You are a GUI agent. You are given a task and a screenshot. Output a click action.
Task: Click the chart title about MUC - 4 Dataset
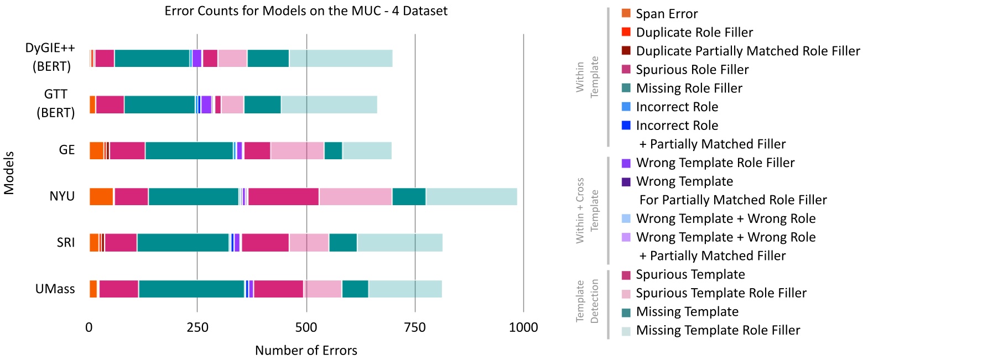tap(306, 11)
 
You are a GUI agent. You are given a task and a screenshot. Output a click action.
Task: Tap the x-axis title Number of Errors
tap(306, 351)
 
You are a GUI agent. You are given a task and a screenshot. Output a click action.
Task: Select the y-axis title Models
tap(9, 173)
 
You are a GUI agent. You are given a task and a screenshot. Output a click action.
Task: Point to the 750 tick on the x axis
tap(415, 327)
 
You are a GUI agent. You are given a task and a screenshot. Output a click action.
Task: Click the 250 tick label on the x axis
tap(198, 327)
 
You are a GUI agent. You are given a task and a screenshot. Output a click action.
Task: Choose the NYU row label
tap(62, 196)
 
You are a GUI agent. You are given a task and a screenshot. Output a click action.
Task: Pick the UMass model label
tap(55, 289)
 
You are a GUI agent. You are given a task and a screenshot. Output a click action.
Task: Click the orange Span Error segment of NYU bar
tap(101, 197)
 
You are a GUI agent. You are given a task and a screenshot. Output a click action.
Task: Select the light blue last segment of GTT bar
tap(329, 105)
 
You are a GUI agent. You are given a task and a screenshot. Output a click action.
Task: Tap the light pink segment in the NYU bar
tap(355, 197)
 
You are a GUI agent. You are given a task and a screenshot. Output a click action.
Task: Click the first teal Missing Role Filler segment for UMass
tap(191, 289)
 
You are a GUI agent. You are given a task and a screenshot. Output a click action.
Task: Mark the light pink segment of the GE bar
tap(297, 150)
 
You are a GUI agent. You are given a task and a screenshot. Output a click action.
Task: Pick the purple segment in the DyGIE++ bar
tap(196, 58)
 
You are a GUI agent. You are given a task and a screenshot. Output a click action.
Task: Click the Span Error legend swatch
tap(626, 13)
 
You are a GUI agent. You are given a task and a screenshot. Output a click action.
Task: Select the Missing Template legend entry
tap(687, 312)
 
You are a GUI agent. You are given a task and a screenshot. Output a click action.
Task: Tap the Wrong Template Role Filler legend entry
tap(715, 163)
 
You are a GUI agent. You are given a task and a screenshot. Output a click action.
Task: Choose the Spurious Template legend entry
tap(690, 275)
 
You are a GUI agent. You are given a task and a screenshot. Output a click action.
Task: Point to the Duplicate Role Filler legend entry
tap(694, 33)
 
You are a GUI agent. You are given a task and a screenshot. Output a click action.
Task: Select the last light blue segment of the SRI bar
tap(399, 243)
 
